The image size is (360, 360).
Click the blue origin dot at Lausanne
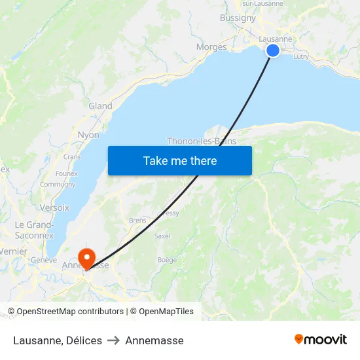click(x=273, y=50)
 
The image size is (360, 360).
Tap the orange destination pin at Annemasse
click(x=86, y=257)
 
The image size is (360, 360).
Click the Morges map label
click(x=211, y=47)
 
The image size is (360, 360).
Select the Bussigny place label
click(x=238, y=18)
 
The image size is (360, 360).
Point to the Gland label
click(x=100, y=106)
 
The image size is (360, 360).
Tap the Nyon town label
click(x=88, y=135)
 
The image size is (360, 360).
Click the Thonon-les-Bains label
click(x=202, y=141)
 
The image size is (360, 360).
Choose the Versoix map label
click(x=54, y=207)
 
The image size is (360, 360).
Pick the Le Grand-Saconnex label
click(x=34, y=230)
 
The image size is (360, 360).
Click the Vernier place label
click(x=14, y=251)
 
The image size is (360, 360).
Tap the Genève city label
click(x=44, y=260)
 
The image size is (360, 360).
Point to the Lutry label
click(x=301, y=57)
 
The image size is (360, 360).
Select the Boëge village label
click(x=167, y=260)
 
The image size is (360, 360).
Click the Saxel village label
click(x=162, y=236)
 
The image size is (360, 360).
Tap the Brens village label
click(x=137, y=221)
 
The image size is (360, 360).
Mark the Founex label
click(x=66, y=173)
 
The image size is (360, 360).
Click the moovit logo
click(x=320, y=340)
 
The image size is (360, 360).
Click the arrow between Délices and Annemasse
click(x=113, y=340)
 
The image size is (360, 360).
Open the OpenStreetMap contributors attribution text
click(x=65, y=312)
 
